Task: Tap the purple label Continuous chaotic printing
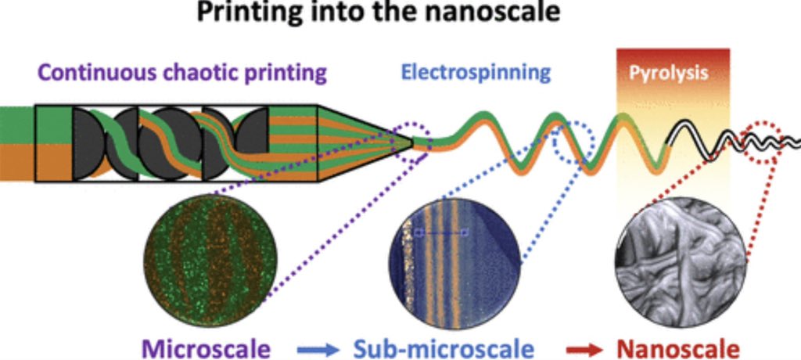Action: pyautogui.click(x=181, y=74)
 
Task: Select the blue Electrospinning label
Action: pyautogui.click(x=476, y=74)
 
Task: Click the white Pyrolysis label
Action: pyautogui.click(x=669, y=74)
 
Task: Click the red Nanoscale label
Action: pyautogui.click(x=677, y=346)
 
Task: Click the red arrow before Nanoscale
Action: pyautogui.click(x=580, y=346)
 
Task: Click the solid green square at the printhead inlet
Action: pyautogui.click(x=53, y=123)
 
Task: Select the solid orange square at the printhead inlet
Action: pyautogui.click(x=53, y=162)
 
